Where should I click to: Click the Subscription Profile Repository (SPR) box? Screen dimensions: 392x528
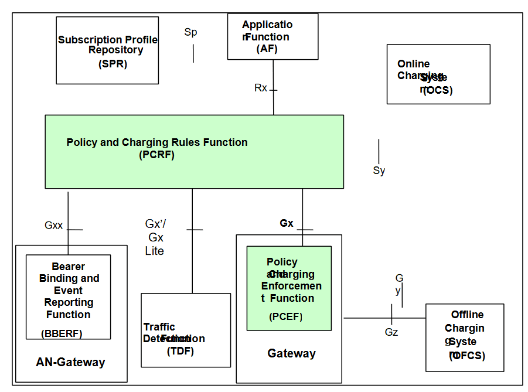107,50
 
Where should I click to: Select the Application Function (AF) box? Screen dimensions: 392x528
272,36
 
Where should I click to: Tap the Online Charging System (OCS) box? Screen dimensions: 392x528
438,74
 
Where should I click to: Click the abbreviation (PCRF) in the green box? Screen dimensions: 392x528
157,155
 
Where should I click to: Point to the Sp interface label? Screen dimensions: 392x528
190,32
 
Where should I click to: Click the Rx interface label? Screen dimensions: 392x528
260,88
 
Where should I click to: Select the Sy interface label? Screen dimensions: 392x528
379,171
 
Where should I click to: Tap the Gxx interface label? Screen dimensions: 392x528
53,225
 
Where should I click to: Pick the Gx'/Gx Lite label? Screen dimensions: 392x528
155,237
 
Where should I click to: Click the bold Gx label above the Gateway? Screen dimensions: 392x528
286,223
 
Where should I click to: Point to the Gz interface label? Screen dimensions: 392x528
391,332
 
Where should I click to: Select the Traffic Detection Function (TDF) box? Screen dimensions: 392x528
186,330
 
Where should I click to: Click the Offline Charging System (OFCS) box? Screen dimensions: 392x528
465,338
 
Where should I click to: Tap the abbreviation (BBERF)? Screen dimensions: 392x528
62,333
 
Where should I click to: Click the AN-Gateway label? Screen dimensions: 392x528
70,362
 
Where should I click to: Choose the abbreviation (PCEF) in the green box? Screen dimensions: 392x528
285,317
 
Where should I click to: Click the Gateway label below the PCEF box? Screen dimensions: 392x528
291,353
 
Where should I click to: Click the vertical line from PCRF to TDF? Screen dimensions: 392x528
192,258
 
